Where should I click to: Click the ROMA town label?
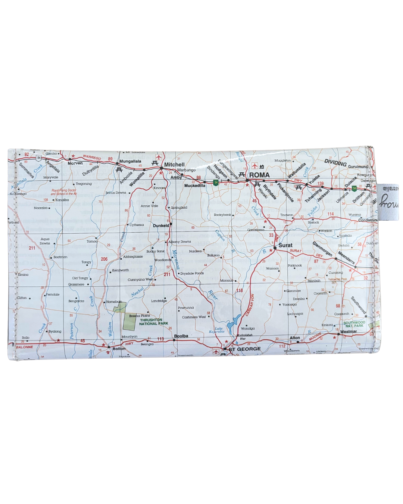pyautogui.click(x=259, y=175)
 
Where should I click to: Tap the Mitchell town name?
pyautogui.click(x=174, y=164)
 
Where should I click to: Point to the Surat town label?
pyautogui.click(x=285, y=245)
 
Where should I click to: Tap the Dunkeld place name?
pyautogui.click(x=161, y=225)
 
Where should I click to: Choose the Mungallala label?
pyautogui.click(x=130, y=161)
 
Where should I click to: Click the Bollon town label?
pyautogui.click(x=119, y=348)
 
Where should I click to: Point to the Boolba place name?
pyautogui.click(x=181, y=336)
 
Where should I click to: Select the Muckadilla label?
pyautogui.click(x=195, y=186)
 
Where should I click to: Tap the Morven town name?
pyautogui.click(x=75, y=163)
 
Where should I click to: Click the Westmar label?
pyautogui.click(x=349, y=332)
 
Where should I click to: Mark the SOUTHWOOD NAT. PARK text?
pyautogui.click(x=354, y=324)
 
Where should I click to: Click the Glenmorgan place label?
pyautogui.click(x=322, y=249)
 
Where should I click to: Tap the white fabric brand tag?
pyautogui.click(x=388, y=202)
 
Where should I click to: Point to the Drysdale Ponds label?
pyautogui.click(x=192, y=273)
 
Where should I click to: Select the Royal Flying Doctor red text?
pyautogui.click(x=64, y=192)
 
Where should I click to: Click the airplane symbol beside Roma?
pyautogui.click(x=255, y=166)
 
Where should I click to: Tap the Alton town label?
pyautogui.click(x=295, y=337)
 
